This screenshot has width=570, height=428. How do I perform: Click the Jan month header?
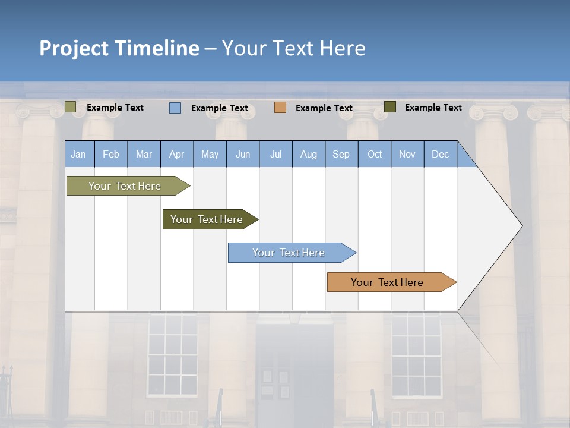point(78,155)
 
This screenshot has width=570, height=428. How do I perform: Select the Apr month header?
point(177,155)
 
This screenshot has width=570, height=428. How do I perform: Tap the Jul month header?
point(275,155)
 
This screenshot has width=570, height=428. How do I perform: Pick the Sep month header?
point(341,155)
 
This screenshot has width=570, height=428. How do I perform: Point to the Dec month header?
point(440,155)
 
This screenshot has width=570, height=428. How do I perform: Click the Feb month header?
point(111,155)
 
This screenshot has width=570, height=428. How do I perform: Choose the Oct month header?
point(375,155)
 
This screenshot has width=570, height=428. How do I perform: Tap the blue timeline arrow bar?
point(289,253)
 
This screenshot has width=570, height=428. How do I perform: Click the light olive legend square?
point(70,107)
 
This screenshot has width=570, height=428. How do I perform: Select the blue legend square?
point(175,108)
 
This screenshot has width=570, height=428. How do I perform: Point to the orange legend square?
point(280,108)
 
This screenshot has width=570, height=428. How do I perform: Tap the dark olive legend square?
point(390,107)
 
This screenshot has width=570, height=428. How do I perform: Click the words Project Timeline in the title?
point(119,48)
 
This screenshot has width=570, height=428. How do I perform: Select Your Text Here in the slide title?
point(294,48)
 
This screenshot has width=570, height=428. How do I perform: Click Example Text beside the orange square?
point(324,108)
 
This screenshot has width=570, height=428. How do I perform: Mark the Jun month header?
point(243,155)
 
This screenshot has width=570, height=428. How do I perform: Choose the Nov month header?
point(407,155)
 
